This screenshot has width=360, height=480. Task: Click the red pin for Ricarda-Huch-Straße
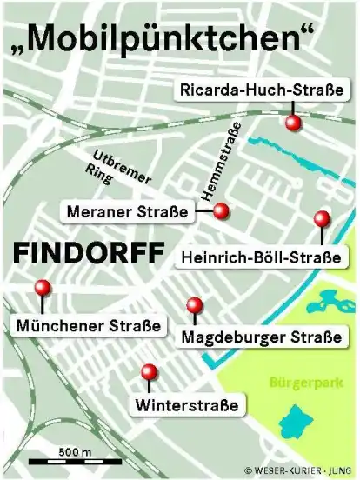click(295, 123)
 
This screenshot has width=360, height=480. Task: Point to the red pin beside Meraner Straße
click(221, 210)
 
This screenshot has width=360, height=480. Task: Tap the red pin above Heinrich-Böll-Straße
click(322, 218)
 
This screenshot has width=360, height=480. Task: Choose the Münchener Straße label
click(88, 326)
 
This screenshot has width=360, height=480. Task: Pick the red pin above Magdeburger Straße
click(195, 304)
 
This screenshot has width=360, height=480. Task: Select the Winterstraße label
click(186, 404)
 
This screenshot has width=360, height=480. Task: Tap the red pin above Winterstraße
click(149, 371)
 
